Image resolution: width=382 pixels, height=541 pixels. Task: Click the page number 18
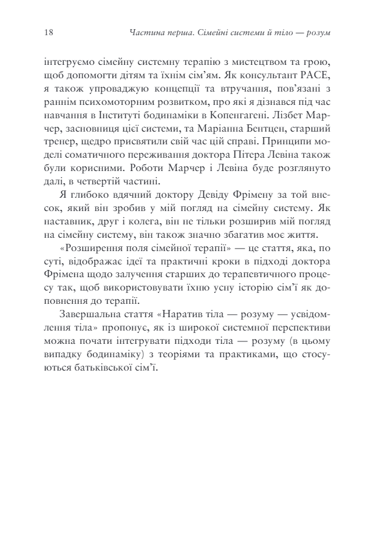point(49,32)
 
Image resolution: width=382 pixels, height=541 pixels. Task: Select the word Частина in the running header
point(146,33)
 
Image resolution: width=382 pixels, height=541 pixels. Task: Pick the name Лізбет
point(288,115)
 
